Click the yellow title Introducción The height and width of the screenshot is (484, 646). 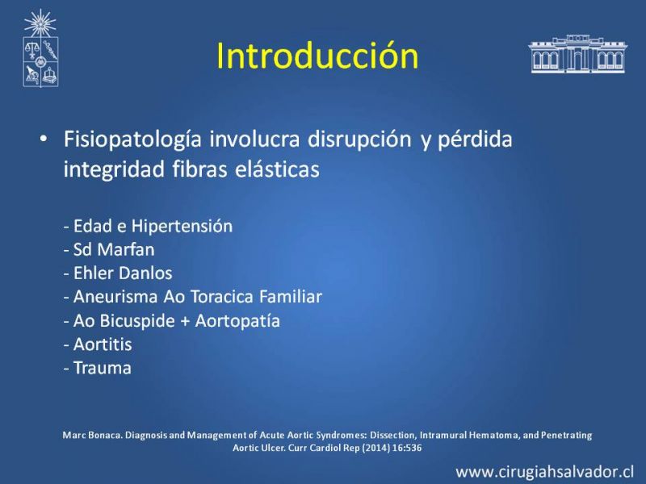[x=317, y=56]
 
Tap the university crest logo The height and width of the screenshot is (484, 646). [x=40, y=48]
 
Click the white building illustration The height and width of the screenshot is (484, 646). [x=577, y=54]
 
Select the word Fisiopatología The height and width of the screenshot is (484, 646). [x=132, y=140]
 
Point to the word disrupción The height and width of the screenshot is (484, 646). [x=359, y=140]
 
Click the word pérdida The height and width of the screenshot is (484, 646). [x=475, y=140]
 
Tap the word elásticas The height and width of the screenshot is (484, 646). [x=277, y=169]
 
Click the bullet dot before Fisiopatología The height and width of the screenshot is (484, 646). [x=44, y=139]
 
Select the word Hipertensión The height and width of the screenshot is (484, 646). [x=182, y=227]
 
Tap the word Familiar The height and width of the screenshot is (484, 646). [x=291, y=297]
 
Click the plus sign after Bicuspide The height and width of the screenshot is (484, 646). [x=185, y=321]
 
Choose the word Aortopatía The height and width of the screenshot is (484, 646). [x=237, y=321]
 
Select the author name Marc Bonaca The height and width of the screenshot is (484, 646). [x=92, y=435]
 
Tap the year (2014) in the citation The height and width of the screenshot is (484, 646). [x=375, y=448]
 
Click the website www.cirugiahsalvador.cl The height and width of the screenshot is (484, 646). [x=544, y=472]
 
